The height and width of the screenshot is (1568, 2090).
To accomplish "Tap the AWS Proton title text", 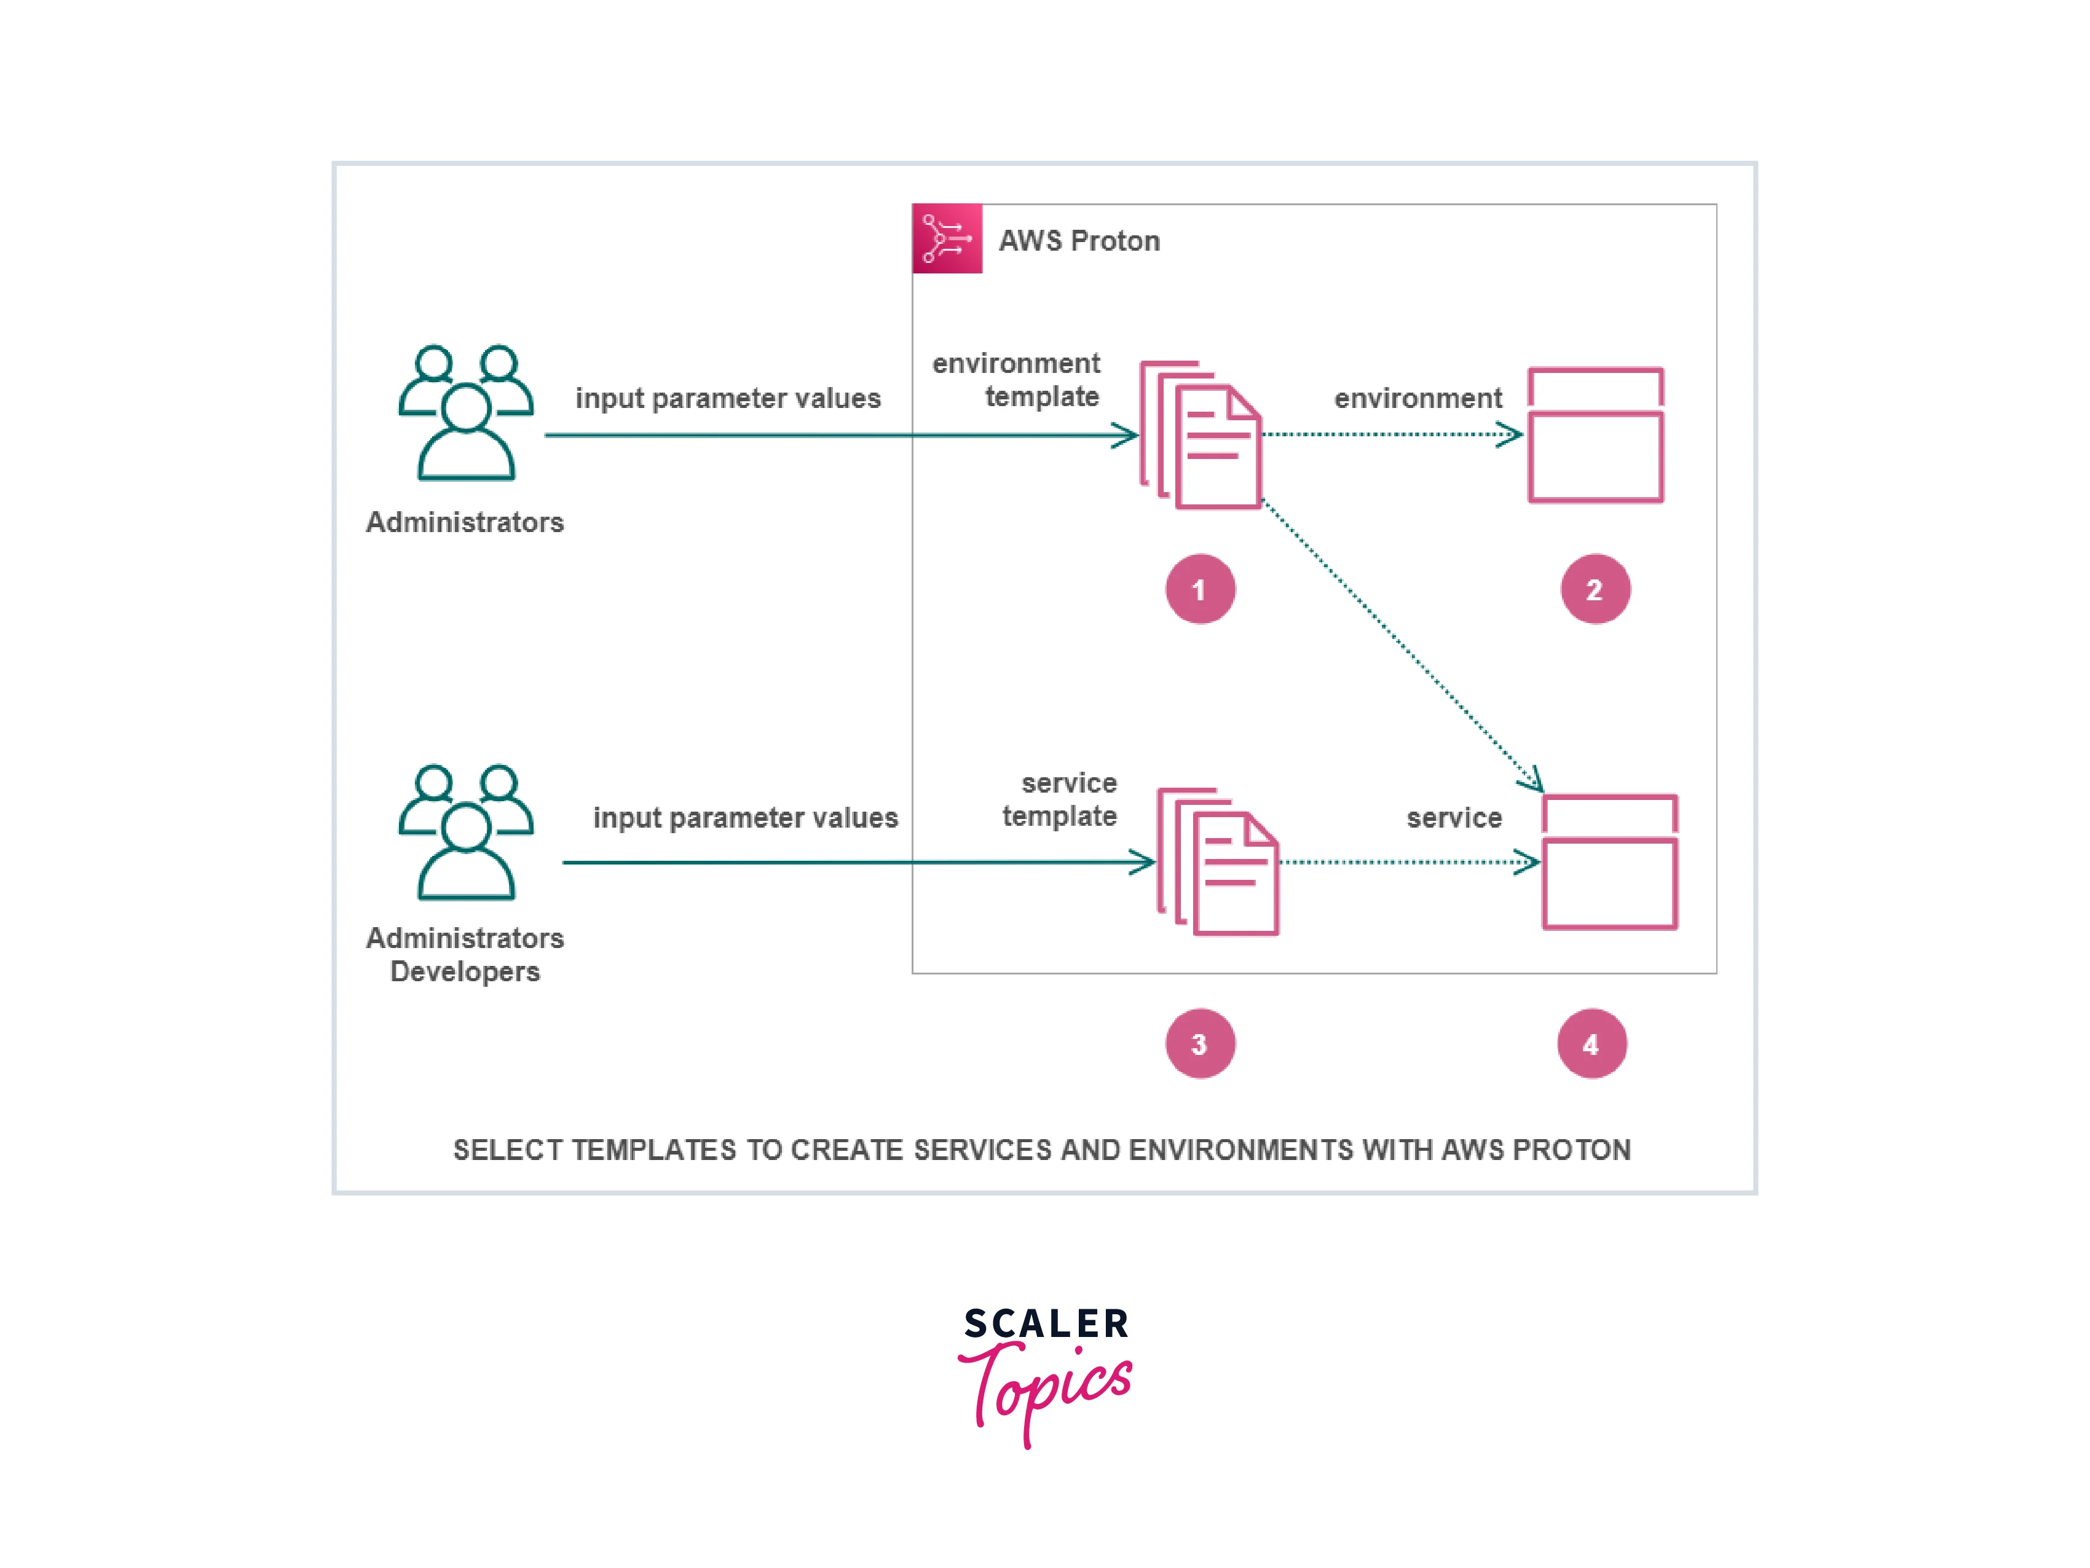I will (1079, 241).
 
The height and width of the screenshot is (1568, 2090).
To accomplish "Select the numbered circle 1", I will (1200, 589).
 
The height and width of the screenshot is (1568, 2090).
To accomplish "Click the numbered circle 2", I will (1595, 589).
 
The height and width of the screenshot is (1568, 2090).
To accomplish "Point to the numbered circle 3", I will (1200, 1044).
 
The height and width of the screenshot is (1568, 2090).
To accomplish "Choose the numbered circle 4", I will (1592, 1044).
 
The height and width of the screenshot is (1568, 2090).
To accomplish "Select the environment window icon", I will (1596, 436).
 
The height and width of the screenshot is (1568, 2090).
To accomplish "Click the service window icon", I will (1610, 863).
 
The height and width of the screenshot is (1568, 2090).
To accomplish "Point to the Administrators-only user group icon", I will (466, 413).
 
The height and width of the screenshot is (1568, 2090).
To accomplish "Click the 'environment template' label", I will (1017, 380).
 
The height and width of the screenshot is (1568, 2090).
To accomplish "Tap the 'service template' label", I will (1060, 799).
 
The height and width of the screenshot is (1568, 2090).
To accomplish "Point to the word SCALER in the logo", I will (1047, 1323).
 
